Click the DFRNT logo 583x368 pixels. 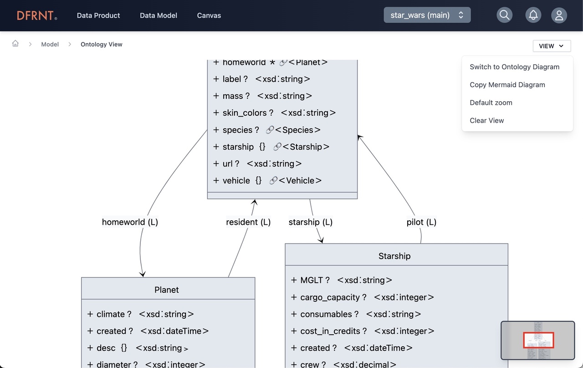[x=37, y=16]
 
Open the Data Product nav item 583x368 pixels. [x=98, y=16]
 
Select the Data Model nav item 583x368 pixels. [x=159, y=16]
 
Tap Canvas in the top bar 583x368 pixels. [x=209, y=16]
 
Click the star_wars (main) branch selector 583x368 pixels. [x=427, y=15]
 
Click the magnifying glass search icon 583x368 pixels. [x=504, y=15]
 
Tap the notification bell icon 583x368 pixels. [x=533, y=15]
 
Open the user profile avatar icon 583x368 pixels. [x=559, y=15]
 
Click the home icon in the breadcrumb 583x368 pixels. [x=15, y=44]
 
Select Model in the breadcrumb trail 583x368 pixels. [x=50, y=44]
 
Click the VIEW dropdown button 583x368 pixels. [x=552, y=46]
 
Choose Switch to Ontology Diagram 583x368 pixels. [x=514, y=67]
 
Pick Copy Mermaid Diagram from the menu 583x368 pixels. [x=507, y=85]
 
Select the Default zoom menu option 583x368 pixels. [x=491, y=103]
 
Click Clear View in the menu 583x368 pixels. [x=486, y=120]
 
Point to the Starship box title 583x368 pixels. [x=394, y=256]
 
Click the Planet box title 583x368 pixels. [x=167, y=290]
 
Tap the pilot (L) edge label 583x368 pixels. [x=421, y=222]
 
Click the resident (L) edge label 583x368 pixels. [x=248, y=222]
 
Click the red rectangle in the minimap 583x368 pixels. [x=538, y=340]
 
